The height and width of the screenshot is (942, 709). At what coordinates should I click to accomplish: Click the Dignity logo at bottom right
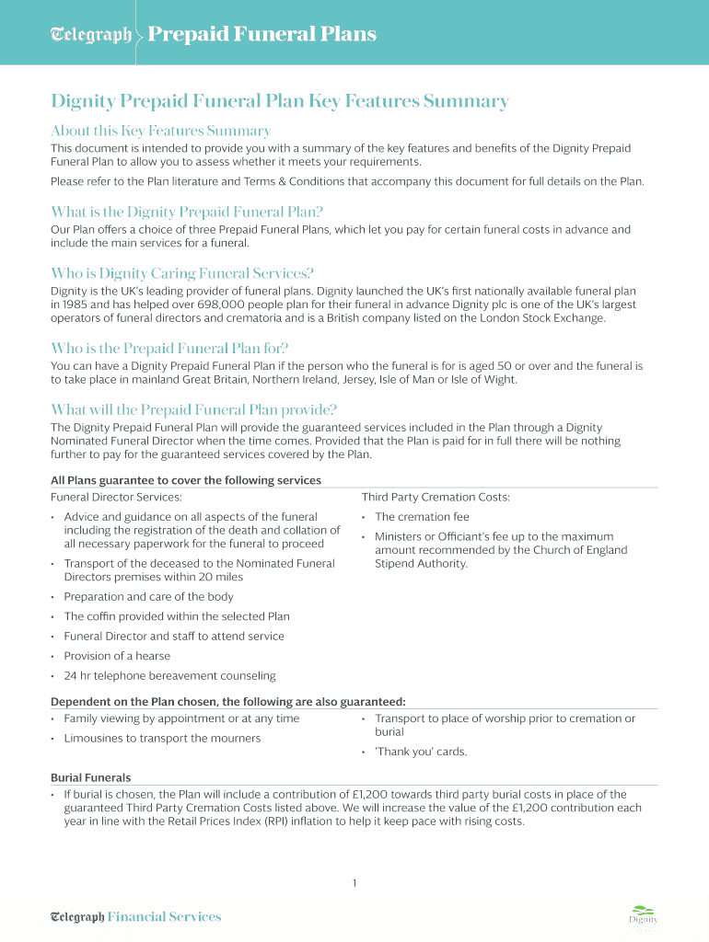point(644,914)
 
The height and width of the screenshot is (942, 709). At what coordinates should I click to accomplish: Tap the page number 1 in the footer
point(354,883)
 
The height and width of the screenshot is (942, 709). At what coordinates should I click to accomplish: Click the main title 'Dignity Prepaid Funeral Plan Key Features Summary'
point(280,101)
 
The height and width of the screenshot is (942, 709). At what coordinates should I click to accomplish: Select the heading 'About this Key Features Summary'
point(160,131)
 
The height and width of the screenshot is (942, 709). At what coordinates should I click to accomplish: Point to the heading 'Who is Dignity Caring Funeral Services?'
point(182,273)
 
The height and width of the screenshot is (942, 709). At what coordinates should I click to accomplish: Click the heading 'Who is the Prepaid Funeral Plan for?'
point(169,348)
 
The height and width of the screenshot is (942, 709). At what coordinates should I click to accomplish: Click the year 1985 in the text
point(76,304)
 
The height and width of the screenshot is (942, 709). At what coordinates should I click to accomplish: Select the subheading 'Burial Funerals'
point(90,777)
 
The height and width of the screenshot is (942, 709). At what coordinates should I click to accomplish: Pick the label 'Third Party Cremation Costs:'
point(436,497)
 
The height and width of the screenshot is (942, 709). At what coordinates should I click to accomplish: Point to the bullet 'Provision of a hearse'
point(117,656)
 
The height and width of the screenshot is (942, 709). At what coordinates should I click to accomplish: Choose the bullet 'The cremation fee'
point(422,517)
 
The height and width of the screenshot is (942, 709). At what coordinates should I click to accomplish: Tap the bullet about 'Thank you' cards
point(421,752)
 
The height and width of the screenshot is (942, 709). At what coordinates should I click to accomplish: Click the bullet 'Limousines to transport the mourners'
point(162,738)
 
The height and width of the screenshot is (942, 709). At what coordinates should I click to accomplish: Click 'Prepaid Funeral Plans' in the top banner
point(262,34)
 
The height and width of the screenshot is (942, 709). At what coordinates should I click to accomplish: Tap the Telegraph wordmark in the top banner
point(90,35)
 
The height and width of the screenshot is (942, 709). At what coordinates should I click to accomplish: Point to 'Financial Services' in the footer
point(164,916)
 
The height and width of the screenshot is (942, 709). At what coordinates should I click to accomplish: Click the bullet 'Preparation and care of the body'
point(148,596)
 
